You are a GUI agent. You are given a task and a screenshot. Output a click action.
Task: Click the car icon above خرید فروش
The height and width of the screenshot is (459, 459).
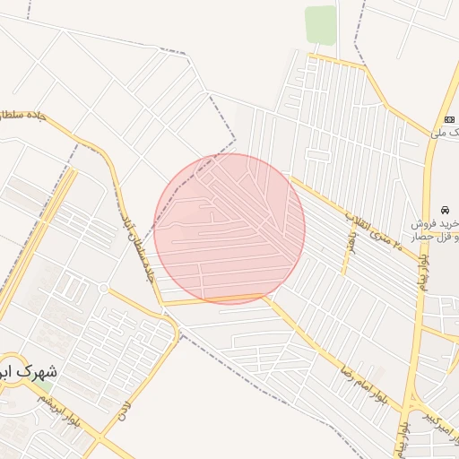[446, 207]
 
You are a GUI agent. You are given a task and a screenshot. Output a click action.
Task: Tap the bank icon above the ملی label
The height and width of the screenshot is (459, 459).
[449, 120]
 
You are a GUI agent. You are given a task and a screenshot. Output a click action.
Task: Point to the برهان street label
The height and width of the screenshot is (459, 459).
[351, 243]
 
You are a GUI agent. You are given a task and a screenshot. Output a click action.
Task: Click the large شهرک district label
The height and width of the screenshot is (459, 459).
[27, 370]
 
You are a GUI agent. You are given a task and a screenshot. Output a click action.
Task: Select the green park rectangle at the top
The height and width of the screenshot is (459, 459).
[320, 24]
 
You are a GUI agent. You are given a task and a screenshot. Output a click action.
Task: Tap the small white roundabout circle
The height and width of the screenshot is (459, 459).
[104, 288]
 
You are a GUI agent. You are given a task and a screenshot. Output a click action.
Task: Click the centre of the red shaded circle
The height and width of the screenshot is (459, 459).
[229, 229]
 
